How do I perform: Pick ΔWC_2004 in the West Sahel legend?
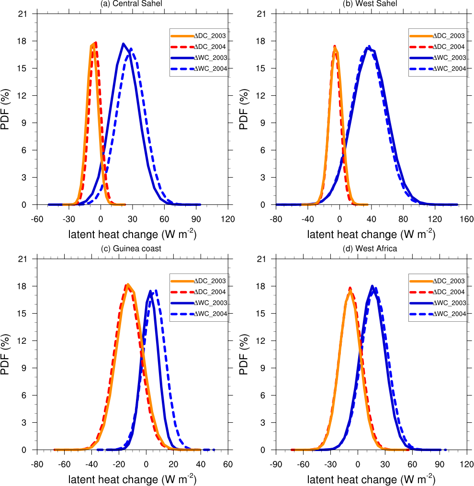[449, 69]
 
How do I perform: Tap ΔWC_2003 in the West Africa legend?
[449, 303]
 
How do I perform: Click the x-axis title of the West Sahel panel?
[371, 234]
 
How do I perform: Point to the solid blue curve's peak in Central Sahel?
[124, 44]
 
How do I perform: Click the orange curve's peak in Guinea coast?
[128, 284]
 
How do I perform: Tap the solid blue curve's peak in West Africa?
[372, 286]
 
